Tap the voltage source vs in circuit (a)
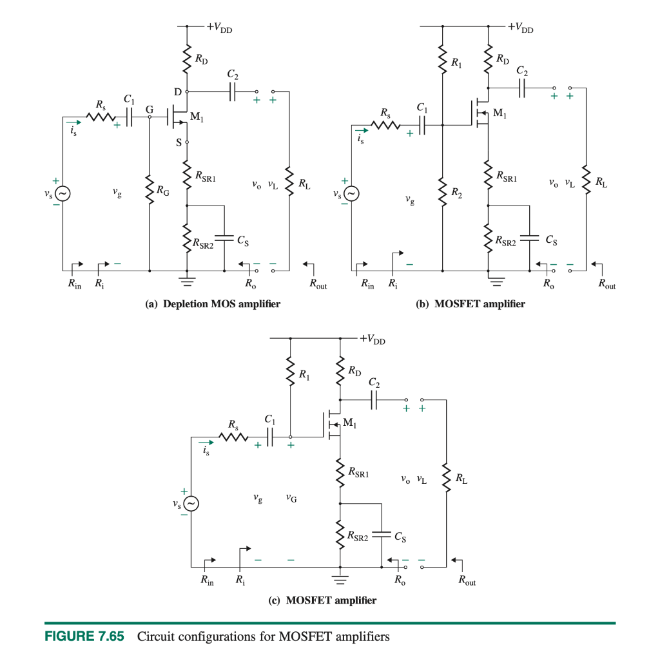[x=63, y=193]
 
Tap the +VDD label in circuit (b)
[x=520, y=28]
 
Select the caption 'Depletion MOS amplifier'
[x=213, y=304]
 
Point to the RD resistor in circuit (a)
[x=187, y=59]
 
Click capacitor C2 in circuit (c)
[x=374, y=400]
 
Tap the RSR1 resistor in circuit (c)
[x=340, y=473]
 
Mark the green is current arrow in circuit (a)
[x=73, y=121]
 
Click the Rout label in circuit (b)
[x=607, y=284]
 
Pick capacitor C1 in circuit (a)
[x=131, y=117]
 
